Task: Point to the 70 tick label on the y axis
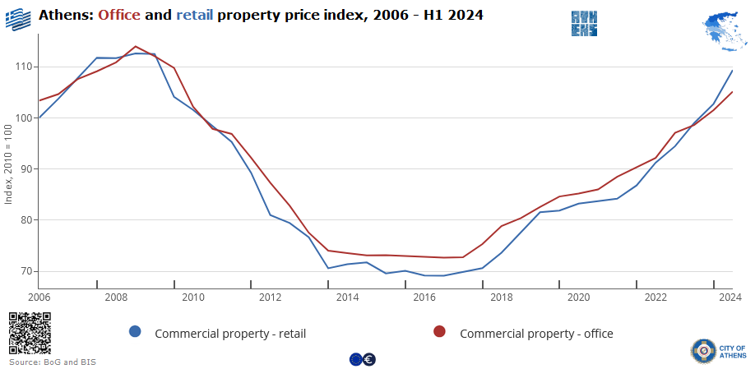point(25,271)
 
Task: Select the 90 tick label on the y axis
point(25,169)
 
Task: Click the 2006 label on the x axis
point(39,297)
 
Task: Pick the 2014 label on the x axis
point(347,297)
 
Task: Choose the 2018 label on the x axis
point(501,297)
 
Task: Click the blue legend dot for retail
point(136,332)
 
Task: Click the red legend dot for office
point(440,332)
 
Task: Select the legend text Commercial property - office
point(536,334)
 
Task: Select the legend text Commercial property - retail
point(230,334)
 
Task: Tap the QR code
point(30,334)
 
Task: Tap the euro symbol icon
point(369,359)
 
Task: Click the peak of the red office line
point(136,47)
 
